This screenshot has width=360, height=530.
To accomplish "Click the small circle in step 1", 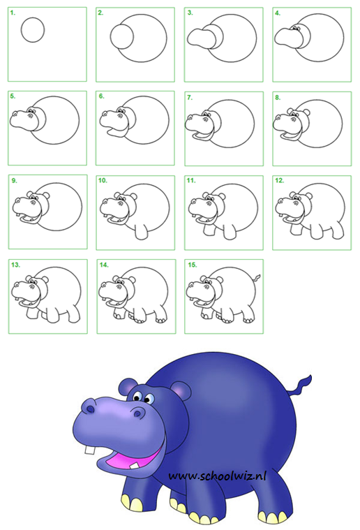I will (x=33, y=30).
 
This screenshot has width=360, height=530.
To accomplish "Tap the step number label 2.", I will (x=100, y=13).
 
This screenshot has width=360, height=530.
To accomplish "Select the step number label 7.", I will (x=189, y=97).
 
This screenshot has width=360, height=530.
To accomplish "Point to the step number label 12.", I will (x=280, y=180).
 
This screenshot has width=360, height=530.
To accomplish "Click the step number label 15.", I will (x=191, y=265).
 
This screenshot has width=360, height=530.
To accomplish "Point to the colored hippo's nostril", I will (x=89, y=405).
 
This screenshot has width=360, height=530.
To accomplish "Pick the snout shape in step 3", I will (x=203, y=38).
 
